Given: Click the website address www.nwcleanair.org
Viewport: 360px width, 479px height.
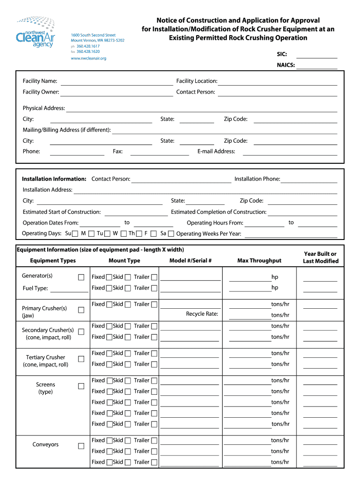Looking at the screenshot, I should [x=88, y=58].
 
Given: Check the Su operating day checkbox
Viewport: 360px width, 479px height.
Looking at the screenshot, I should [x=75, y=233].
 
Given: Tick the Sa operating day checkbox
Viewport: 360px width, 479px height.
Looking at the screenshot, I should [x=171, y=233].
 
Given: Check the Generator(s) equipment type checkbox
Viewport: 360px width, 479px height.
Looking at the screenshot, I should [x=81, y=277].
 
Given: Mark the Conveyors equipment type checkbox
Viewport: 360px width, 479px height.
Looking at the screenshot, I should [x=81, y=446].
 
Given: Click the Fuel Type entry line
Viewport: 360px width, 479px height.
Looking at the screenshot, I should [x=69, y=289].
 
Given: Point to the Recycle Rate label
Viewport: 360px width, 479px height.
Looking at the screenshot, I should [x=202, y=314].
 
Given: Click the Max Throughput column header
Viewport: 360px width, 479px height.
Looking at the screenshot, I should [x=259, y=261].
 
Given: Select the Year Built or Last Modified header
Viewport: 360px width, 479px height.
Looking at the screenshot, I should [x=320, y=257].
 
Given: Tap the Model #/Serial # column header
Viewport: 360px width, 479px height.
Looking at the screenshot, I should [x=190, y=261].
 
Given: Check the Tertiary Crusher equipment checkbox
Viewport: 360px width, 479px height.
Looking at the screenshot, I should [x=81, y=359].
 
